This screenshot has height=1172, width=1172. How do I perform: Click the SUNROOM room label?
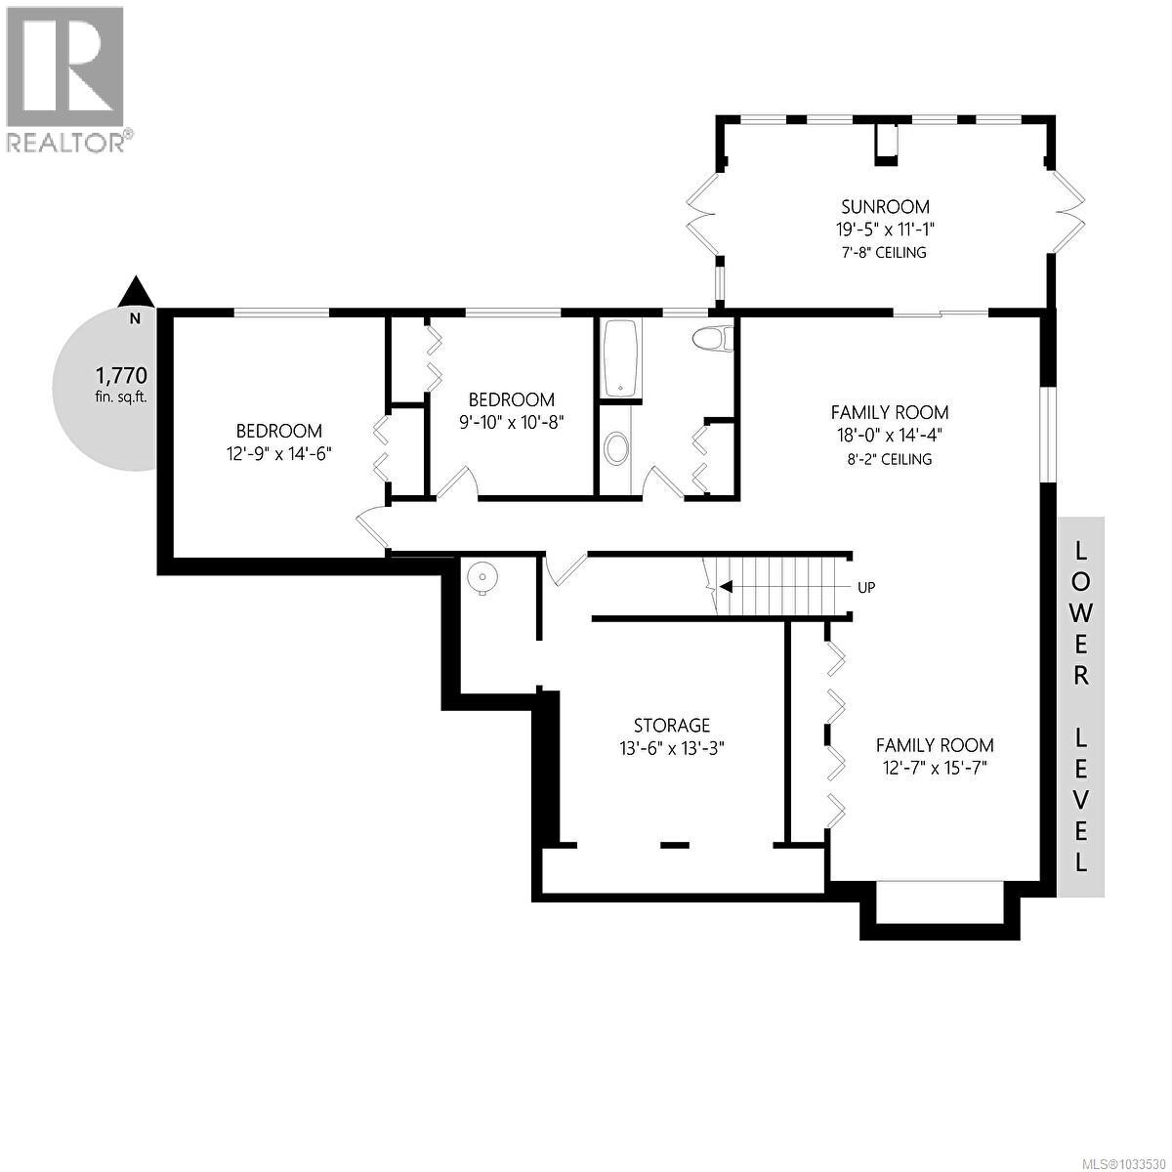[x=885, y=206]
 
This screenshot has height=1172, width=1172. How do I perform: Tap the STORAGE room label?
[x=672, y=725]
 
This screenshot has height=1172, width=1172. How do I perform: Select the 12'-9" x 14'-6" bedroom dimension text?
[x=279, y=453]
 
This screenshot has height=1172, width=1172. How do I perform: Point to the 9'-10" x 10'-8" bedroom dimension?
[x=511, y=422]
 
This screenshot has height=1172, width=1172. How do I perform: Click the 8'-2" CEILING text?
[x=889, y=458]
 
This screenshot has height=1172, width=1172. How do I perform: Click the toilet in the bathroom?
[x=711, y=339]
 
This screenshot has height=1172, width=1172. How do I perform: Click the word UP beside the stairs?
[x=865, y=588]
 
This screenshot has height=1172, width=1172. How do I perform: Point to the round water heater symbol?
[x=481, y=577]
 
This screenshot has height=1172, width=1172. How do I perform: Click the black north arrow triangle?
[x=136, y=291]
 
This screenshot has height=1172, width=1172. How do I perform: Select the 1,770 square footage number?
[x=120, y=374]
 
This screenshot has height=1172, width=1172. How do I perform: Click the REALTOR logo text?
[x=66, y=143]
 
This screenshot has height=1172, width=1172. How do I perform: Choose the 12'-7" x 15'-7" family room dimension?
[x=934, y=768]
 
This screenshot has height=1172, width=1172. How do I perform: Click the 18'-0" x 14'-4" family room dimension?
[x=889, y=436]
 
